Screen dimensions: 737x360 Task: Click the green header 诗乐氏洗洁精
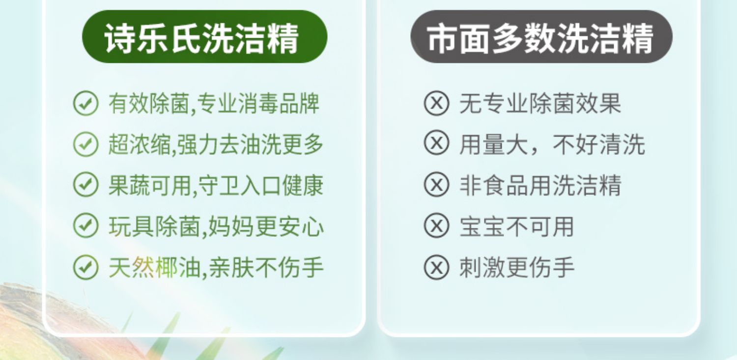point(205,36)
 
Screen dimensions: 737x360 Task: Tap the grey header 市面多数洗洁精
point(541,36)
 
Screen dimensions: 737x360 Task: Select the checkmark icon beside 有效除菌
point(85,103)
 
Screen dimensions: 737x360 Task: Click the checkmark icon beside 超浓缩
point(85,144)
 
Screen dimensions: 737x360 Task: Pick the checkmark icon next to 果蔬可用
point(85,185)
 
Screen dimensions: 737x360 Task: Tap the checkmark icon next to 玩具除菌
point(85,226)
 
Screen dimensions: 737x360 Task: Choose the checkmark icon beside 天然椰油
point(85,267)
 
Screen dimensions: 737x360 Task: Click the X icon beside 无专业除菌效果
point(436,103)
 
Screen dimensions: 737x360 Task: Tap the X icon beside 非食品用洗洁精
point(436,185)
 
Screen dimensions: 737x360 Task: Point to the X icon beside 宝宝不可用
point(436,225)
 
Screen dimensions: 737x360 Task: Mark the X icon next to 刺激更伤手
point(436,267)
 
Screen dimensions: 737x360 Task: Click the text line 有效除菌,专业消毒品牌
point(214,104)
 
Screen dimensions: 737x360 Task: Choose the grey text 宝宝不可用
point(516,226)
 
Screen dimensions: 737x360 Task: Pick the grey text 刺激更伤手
point(517,267)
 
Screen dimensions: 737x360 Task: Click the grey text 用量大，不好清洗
point(552,144)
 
